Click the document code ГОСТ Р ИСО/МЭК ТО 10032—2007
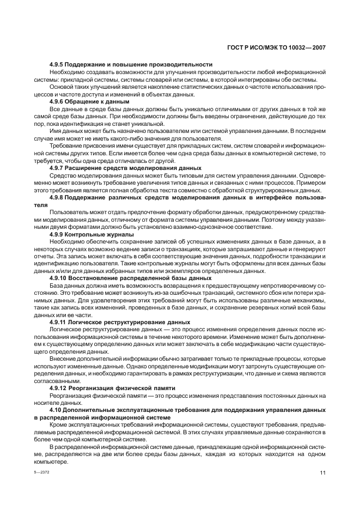pos(276,47)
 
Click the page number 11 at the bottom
pos(322,473)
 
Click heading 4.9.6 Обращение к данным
pos(89,101)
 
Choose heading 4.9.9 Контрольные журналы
pos(93,234)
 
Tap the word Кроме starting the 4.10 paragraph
pos(58,424)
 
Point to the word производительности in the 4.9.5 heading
pos(183,65)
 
